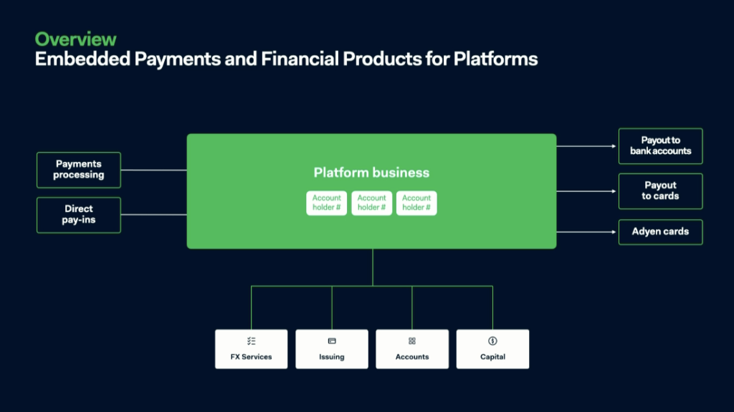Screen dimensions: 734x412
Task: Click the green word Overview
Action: pyautogui.click(x=75, y=39)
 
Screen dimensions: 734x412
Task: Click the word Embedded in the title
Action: pyautogui.click(x=82, y=59)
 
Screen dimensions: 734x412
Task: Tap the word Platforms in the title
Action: pyautogui.click(x=495, y=59)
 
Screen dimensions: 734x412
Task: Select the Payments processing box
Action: pyautogui.click(x=79, y=170)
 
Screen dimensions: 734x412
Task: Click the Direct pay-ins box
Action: pyautogui.click(x=79, y=215)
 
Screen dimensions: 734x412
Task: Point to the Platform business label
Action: pyautogui.click(x=371, y=173)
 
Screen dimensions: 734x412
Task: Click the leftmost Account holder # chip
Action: pyautogui.click(x=327, y=203)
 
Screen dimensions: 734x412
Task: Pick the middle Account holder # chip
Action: pyautogui.click(x=372, y=203)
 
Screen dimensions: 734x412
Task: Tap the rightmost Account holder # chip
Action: pyautogui.click(x=416, y=203)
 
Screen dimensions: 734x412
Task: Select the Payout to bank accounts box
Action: pyautogui.click(x=660, y=146)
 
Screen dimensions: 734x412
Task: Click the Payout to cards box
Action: pyautogui.click(x=660, y=191)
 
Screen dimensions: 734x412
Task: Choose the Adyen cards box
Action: pyautogui.click(x=660, y=231)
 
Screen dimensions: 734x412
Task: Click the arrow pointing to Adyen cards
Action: pyautogui.click(x=586, y=231)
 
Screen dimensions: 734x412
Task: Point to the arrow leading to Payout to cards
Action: pyautogui.click(x=586, y=191)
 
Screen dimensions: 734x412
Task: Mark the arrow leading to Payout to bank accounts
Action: pyautogui.click(x=586, y=146)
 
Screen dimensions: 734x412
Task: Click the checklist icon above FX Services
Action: pyautogui.click(x=252, y=341)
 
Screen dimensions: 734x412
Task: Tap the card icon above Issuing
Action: pyautogui.click(x=332, y=341)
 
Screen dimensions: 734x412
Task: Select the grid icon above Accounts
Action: pyautogui.click(x=412, y=341)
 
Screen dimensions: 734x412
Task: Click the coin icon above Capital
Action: pyautogui.click(x=492, y=341)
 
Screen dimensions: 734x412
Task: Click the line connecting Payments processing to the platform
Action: pyautogui.click(x=153, y=170)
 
